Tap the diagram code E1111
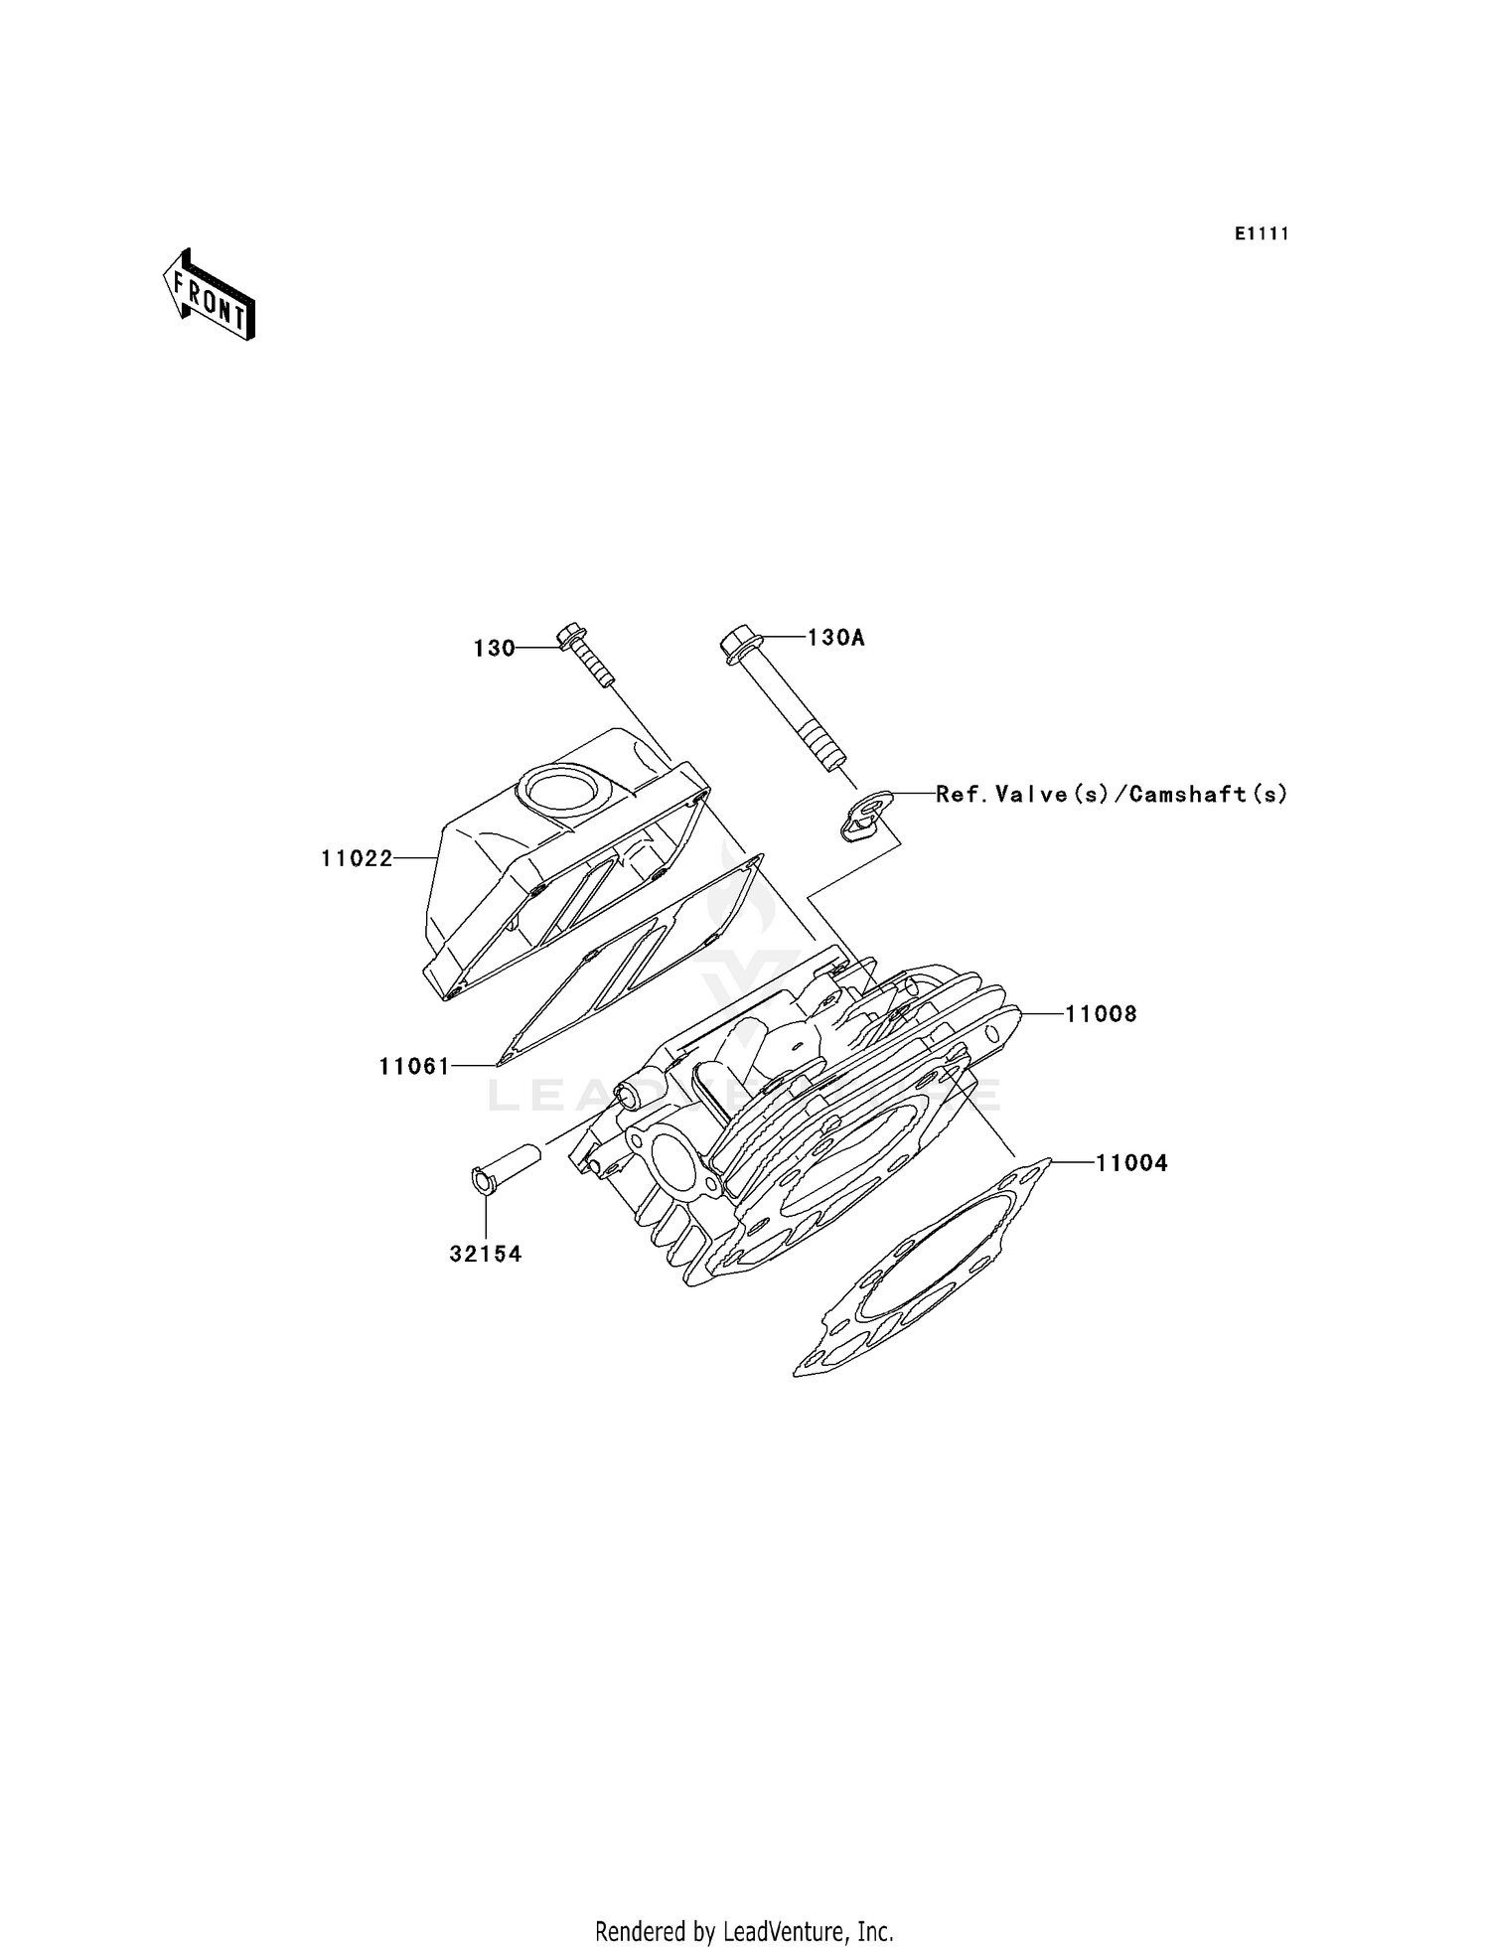(x=1262, y=234)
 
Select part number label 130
(x=494, y=649)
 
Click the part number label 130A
(x=835, y=638)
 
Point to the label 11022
(x=357, y=858)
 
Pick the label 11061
(x=414, y=1067)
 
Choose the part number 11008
(x=1101, y=1014)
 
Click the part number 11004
(x=1131, y=1162)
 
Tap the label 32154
(x=485, y=1255)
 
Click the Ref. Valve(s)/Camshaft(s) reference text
(x=1112, y=794)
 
